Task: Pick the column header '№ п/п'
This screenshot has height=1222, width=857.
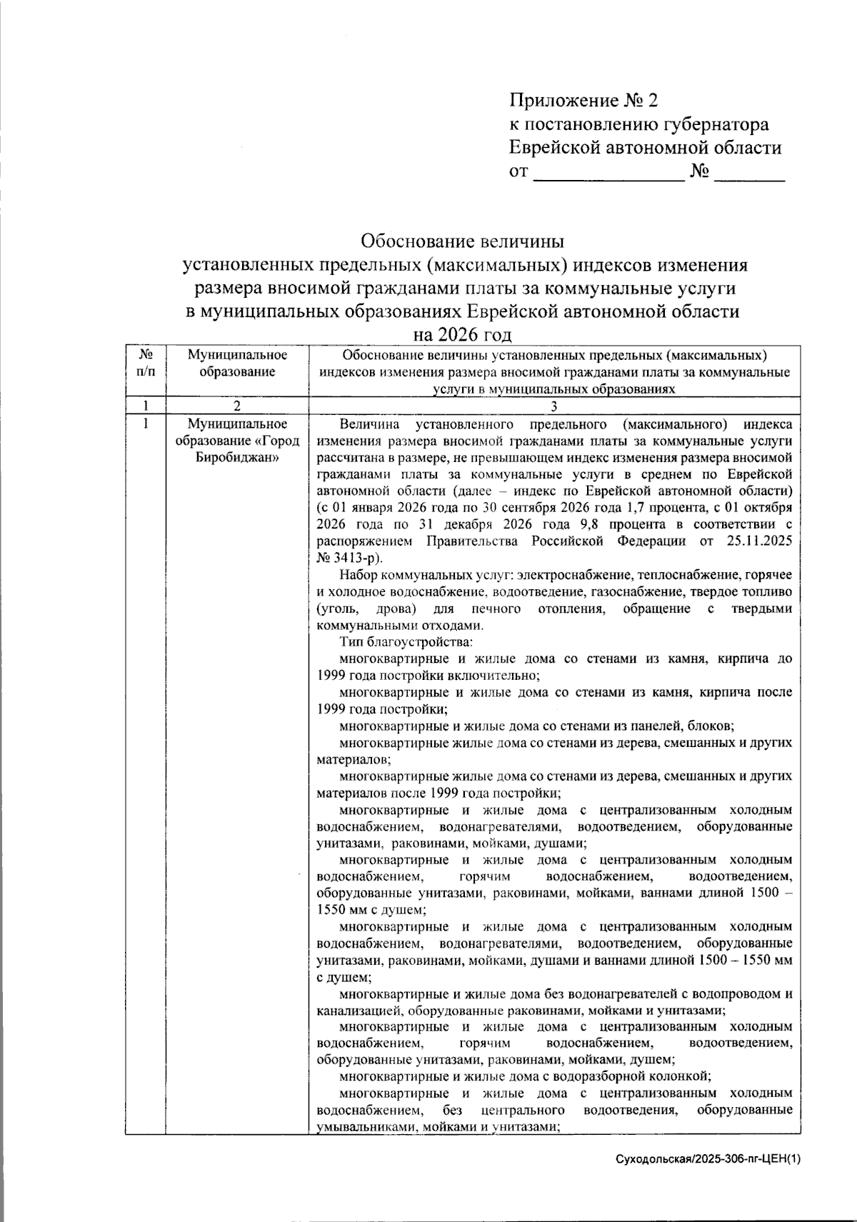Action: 145,362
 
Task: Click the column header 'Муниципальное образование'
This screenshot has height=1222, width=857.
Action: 237,363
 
